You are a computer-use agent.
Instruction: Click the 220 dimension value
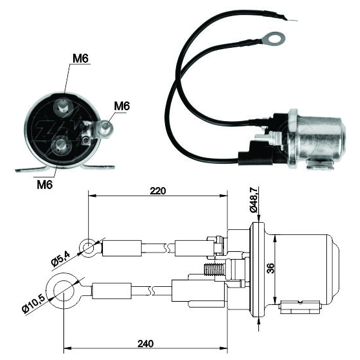pyautogui.click(x=158, y=191)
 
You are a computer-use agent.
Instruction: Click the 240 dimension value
pyautogui.click(x=146, y=344)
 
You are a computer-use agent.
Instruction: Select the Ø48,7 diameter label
pyautogui.click(x=254, y=199)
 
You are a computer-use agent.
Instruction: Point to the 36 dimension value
pyautogui.click(x=271, y=268)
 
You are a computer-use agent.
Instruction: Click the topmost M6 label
pyautogui.click(x=80, y=58)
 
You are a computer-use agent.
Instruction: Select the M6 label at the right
pyautogui.click(x=122, y=106)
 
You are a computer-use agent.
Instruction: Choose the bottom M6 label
pyautogui.click(x=45, y=184)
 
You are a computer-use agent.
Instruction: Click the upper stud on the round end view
pyautogui.click(x=63, y=106)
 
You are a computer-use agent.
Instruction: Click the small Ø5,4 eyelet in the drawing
pyautogui.click(x=87, y=248)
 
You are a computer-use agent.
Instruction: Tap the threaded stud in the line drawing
pyautogui.click(x=214, y=269)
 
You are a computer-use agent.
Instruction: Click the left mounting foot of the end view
pyautogui.click(x=32, y=169)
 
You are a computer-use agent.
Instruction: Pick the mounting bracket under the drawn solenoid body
pyautogui.click(x=299, y=306)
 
